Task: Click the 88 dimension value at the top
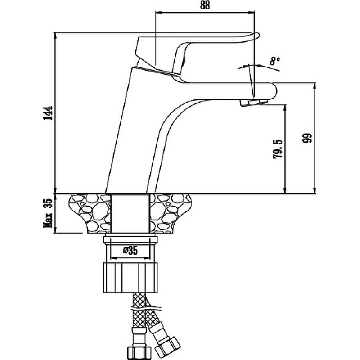tap(205, 5)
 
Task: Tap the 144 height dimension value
tap(48, 113)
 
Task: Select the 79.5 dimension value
tap(277, 149)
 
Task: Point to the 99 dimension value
tap(308, 138)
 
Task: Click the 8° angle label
tap(275, 61)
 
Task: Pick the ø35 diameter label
tap(130, 251)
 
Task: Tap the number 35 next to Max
tap(48, 203)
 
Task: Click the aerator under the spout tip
tap(254, 102)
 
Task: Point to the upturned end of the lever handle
tap(256, 36)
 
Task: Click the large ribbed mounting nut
tap(130, 277)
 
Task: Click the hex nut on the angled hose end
tap(167, 346)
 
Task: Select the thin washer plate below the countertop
tap(130, 240)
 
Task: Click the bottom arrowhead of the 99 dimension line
tap(315, 190)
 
